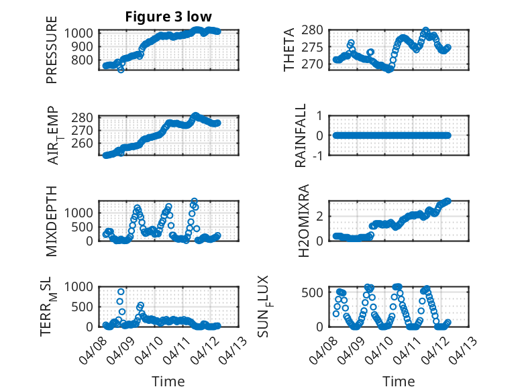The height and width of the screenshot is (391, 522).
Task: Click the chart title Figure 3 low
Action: point(168,17)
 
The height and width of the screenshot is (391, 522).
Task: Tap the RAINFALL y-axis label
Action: point(301,135)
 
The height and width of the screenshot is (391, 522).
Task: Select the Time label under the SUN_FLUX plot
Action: point(399,381)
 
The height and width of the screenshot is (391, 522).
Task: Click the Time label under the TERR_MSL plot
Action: point(168,381)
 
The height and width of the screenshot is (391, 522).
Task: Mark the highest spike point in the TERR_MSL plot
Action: point(121,291)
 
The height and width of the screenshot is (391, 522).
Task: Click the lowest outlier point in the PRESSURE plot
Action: point(121,69)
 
